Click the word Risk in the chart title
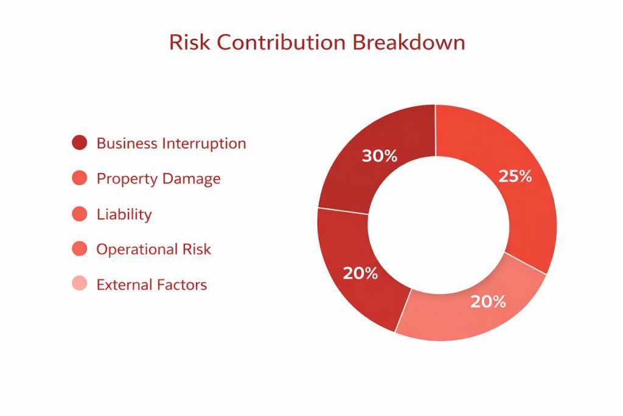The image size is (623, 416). point(190,42)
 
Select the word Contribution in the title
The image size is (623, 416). point(281,42)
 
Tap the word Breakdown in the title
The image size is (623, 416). point(409,42)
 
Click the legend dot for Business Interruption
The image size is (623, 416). point(80,143)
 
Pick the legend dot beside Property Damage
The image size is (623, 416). point(80,178)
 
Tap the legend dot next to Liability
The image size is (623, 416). point(80,214)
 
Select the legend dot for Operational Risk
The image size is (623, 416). point(80,249)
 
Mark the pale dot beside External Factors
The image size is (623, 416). point(80,284)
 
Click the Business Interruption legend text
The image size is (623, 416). point(171,144)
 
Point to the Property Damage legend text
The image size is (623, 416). point(159,179)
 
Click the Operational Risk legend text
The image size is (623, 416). point(154,249)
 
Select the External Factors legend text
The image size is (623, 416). point(151,285)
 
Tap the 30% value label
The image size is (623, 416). point(380,156)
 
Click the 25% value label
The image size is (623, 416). point(515,176)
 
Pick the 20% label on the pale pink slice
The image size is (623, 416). point(489,302)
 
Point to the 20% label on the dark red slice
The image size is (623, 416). point(360,273)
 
